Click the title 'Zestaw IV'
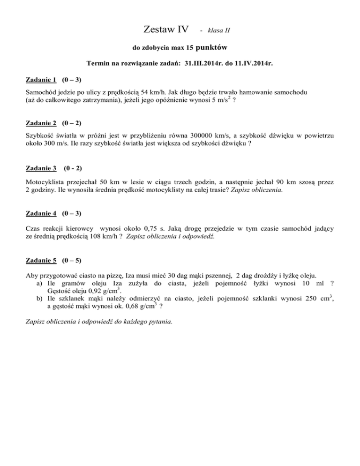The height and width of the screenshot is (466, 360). click(164, 30)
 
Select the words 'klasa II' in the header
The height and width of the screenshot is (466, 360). click(218, 31)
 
